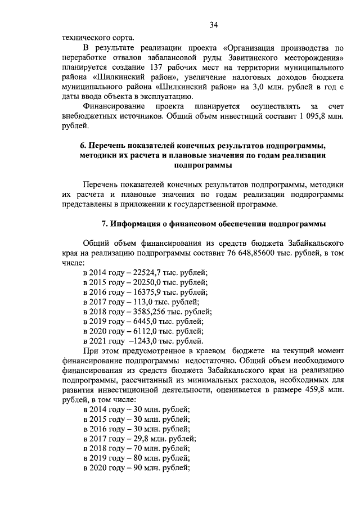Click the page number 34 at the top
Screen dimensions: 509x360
213,24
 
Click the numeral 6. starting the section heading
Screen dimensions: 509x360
82,147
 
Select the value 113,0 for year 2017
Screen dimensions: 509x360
136,302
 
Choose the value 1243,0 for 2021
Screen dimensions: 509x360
143,341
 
